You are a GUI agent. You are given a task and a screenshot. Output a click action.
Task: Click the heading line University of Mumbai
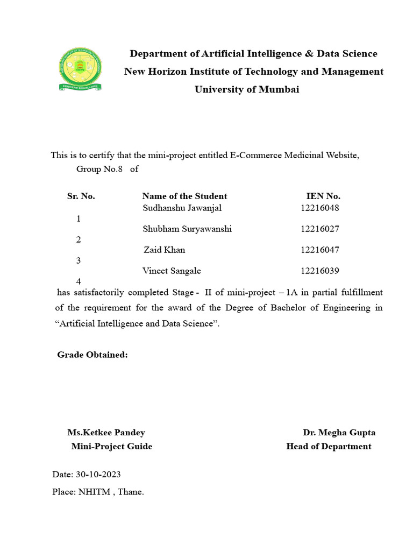point(246,89)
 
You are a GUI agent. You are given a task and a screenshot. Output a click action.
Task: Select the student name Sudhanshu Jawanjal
point(182,208)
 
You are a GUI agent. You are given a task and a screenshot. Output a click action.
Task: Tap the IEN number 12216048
point(320,208)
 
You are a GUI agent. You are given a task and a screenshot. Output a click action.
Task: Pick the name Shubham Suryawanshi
point(187,229)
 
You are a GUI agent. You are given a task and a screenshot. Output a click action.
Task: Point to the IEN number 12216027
point(320,229)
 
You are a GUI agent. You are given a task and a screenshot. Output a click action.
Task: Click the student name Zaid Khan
point(165,250)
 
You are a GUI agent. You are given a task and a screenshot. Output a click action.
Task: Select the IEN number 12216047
point(320,250)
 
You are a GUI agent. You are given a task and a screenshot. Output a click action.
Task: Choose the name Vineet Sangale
point(172,271)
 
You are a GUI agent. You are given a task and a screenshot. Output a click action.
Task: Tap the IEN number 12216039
point(320,271)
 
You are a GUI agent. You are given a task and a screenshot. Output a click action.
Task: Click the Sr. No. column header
point(81,196)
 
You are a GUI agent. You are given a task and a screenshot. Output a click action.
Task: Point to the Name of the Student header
point(184,196)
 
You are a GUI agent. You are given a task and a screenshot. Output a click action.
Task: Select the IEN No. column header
point(323,196)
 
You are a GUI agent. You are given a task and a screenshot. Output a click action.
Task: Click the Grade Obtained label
point(92,355)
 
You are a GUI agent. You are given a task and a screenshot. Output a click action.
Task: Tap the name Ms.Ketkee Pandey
point(106,432)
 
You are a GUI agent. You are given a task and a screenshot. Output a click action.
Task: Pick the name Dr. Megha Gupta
point(339,432)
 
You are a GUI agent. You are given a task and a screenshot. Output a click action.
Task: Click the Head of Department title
point(329,446)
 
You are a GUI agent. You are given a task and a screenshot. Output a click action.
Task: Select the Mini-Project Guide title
point(112,446)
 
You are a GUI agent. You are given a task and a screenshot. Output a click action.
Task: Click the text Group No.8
point(99,169)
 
